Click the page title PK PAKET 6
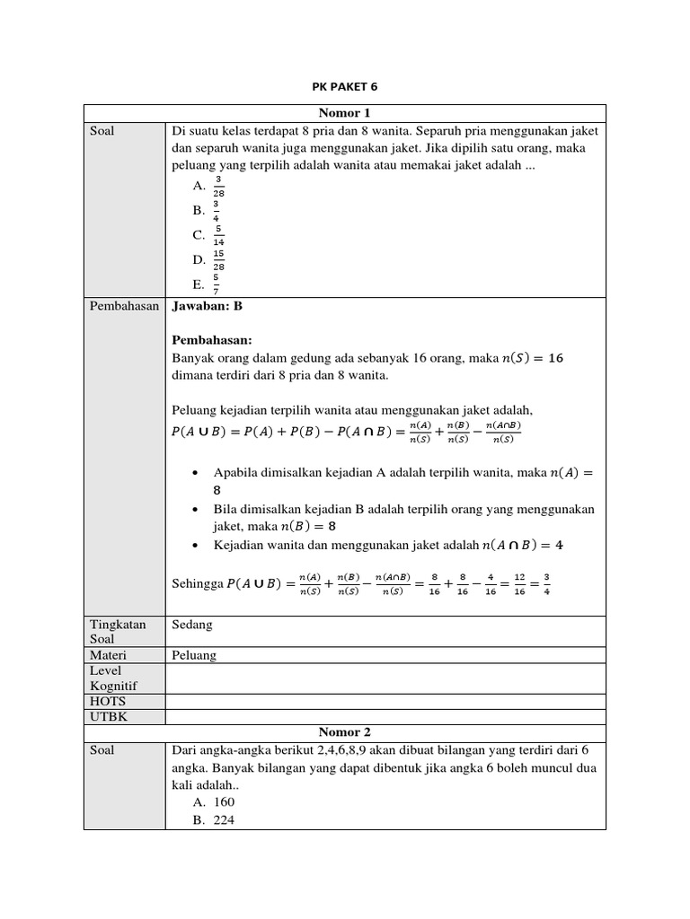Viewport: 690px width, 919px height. click(345, 87)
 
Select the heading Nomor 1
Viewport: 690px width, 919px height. click(344, 113)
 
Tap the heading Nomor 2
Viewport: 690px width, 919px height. click(344, 732)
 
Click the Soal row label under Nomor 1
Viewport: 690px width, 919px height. click(102, 131)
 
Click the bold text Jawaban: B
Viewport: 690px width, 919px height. click(207, 306)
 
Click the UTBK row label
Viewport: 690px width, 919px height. click(107, 716)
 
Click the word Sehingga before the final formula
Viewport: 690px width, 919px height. click(197, 584)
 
